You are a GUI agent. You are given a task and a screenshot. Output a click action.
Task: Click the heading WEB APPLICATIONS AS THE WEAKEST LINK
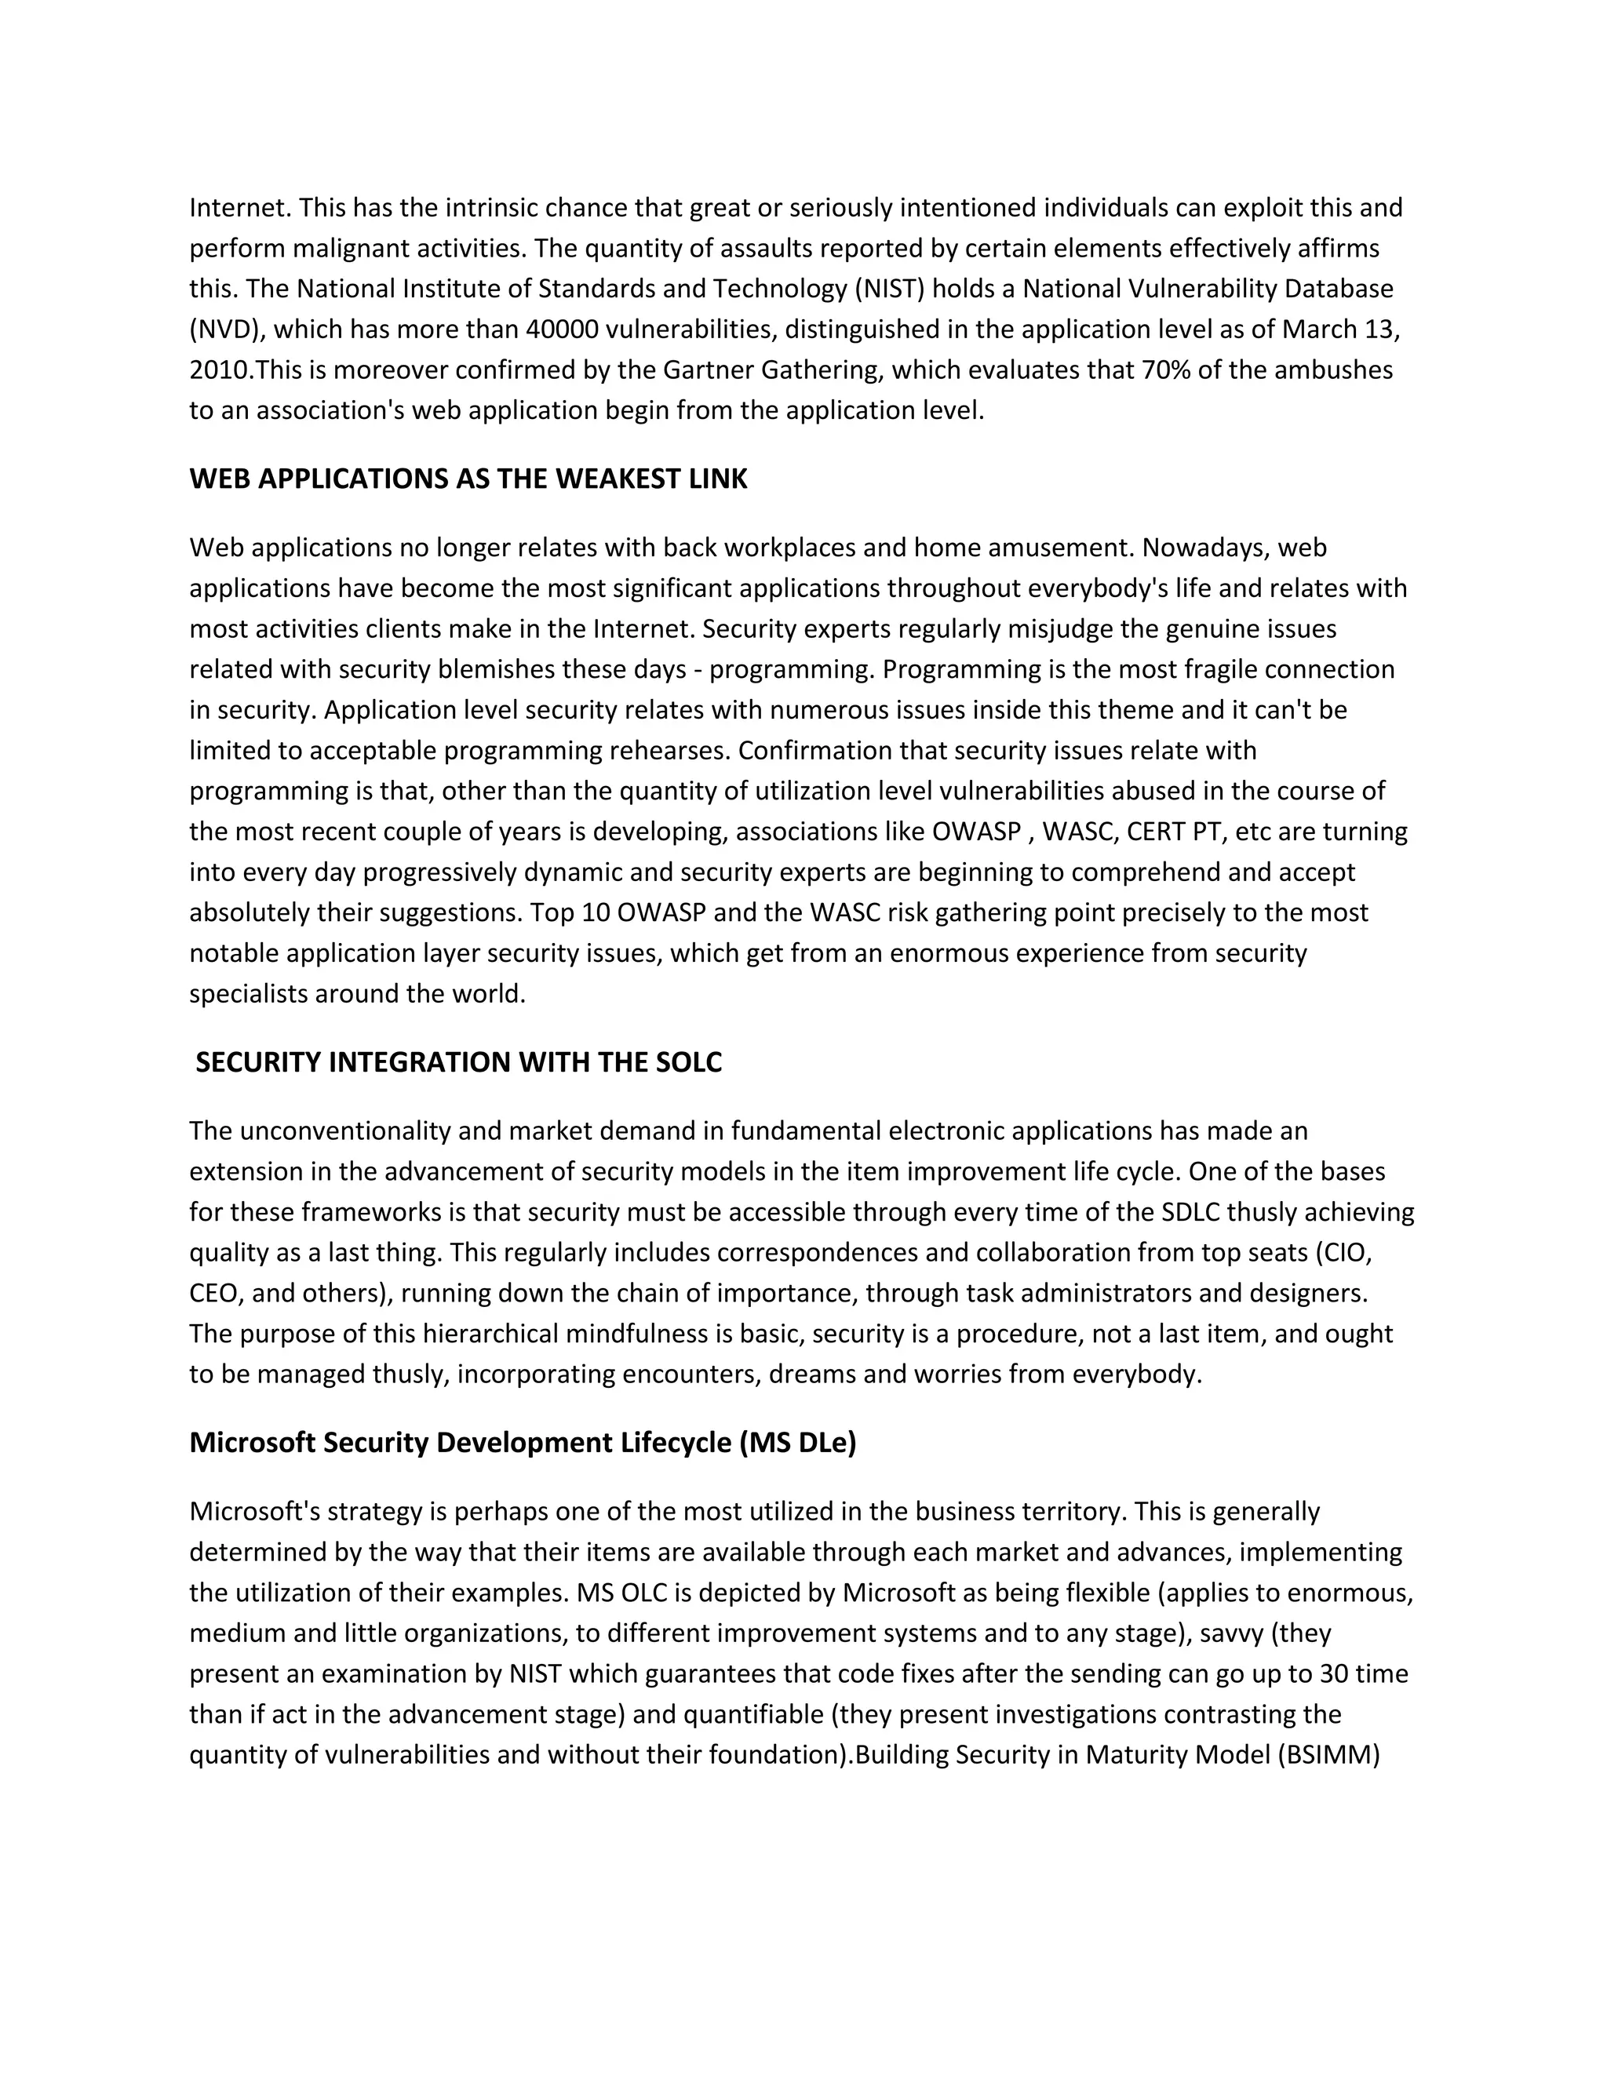pos(468,479)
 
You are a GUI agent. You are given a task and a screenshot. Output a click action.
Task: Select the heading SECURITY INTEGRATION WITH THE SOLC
pos(458,1062)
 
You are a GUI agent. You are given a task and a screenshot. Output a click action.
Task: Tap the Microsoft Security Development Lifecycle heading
pos(523,1442)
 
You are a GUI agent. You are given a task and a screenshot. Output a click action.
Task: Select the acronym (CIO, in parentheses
pos(1343,1253)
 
